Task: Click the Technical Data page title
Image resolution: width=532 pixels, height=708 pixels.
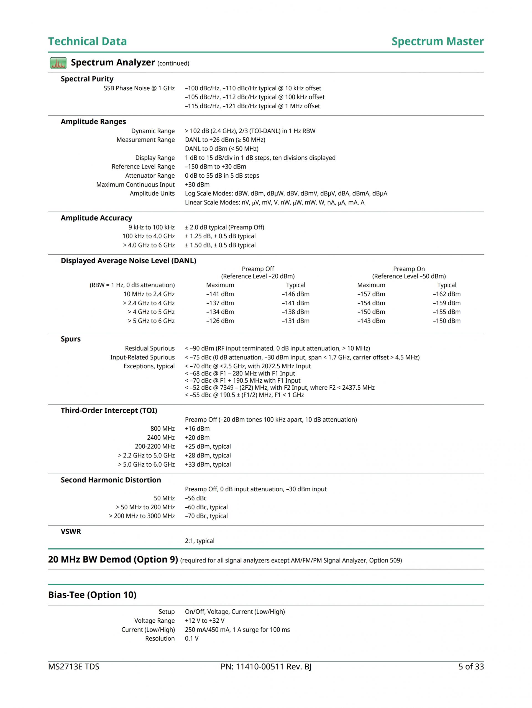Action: (87, 41)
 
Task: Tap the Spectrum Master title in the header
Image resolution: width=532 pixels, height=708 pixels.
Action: (437, 41)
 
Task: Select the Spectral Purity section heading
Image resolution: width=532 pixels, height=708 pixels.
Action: (87, 79)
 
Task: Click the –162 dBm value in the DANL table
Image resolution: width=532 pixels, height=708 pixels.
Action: (447, 294)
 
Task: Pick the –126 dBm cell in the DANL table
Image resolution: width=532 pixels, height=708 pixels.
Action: (220, 321)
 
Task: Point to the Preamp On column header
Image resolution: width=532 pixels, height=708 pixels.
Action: (409, 269)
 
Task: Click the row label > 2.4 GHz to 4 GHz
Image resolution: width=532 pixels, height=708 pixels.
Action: (149, 303)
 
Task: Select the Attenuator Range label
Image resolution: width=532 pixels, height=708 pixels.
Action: (150, 175)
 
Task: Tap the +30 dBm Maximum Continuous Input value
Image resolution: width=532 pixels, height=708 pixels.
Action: (197, 184)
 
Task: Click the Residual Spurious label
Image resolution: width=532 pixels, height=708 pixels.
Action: (150, 348)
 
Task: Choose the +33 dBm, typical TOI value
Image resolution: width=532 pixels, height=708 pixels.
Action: (208, 464)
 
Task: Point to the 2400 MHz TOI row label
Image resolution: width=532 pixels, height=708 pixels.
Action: (161, 438)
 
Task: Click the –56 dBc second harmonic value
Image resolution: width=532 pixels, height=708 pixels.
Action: (196, 498)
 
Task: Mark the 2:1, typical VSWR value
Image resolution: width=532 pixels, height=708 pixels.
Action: (199, 541)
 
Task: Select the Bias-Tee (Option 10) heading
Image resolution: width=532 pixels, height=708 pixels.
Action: (92, 595)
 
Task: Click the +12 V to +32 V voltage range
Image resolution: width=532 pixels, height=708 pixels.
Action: (204, 621)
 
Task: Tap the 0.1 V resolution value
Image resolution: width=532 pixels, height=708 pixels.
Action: (192, 638)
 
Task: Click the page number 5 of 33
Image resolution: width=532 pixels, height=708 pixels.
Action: (471, 666)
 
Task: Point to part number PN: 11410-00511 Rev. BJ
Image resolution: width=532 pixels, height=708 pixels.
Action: (266, 666)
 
